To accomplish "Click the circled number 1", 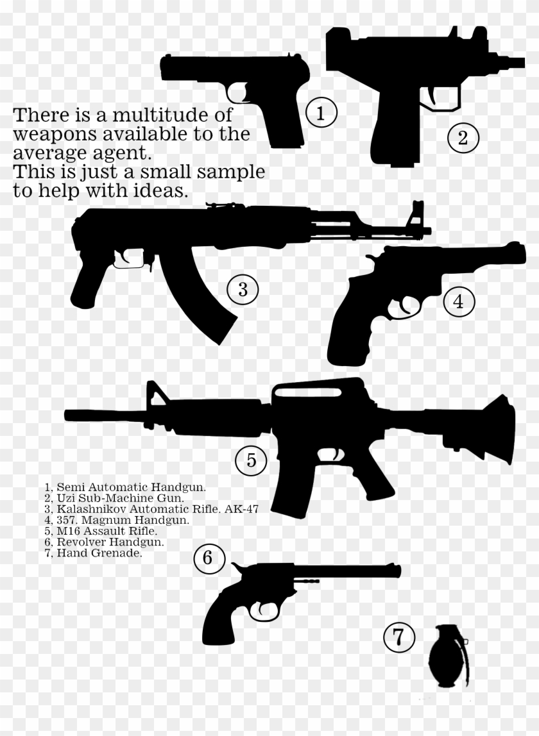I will [321, 113].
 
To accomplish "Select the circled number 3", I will [243, 289].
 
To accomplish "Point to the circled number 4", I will [458, 301].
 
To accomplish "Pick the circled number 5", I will [251, 460].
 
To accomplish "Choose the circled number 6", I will [207, 558].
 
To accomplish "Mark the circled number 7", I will [398, 637].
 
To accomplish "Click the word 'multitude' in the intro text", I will [151, 116].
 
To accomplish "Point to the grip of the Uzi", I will [392, 135].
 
